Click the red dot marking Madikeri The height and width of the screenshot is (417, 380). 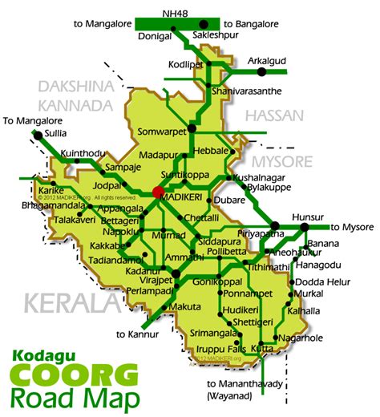(157, 192)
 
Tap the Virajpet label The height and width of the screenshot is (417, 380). (158, 283)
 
